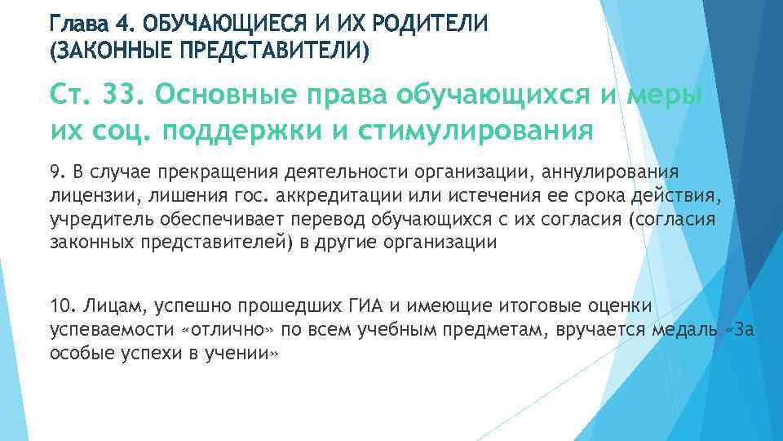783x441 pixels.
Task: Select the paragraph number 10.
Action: (61, 306)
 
